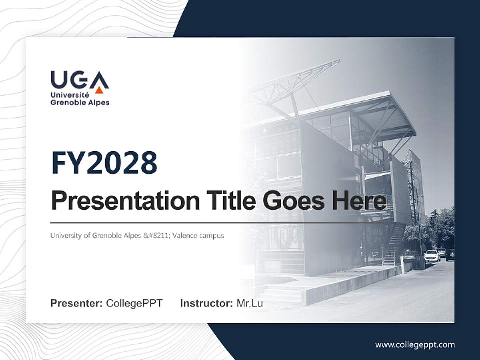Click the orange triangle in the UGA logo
pyautogui.click(x=99, y=90)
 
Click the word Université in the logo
pyautogui.click(x=70, y=94)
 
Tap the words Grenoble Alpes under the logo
pyautogui.click(x=80, y=103)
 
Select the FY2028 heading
pyautogui.click(x=104, y=163)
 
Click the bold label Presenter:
pyautogui.click(x=77, y=303)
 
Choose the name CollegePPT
pyautogui.click(x=134, y=303)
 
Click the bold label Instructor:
pyautogui.click(x=206, y=303)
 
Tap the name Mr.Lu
pyautogui.click(x=250, y=303)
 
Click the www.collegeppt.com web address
pyautogui.click(x=415, y=345)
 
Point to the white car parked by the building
pyautogui.click(x=432, y=256)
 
